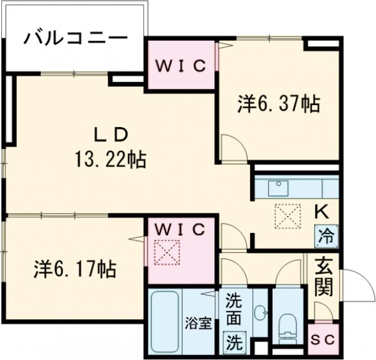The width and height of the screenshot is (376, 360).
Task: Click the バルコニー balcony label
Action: point(75,39)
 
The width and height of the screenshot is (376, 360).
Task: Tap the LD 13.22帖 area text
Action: point(111,148)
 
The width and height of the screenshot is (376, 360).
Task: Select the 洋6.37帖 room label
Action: point(278,104)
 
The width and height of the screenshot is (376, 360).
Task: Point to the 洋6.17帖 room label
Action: point(74,270)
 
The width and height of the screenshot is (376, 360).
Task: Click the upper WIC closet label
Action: point(180,66)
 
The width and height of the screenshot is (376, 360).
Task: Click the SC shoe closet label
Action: point(325,339)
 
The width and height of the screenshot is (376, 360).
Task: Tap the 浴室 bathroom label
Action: point(199,324)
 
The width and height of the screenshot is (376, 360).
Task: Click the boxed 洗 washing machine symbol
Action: point(232,342)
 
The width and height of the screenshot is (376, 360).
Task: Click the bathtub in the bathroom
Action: point(165,321)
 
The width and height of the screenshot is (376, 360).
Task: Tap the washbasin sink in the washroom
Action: point(259,311)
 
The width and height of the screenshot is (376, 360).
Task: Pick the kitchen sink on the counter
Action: point(278,187)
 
